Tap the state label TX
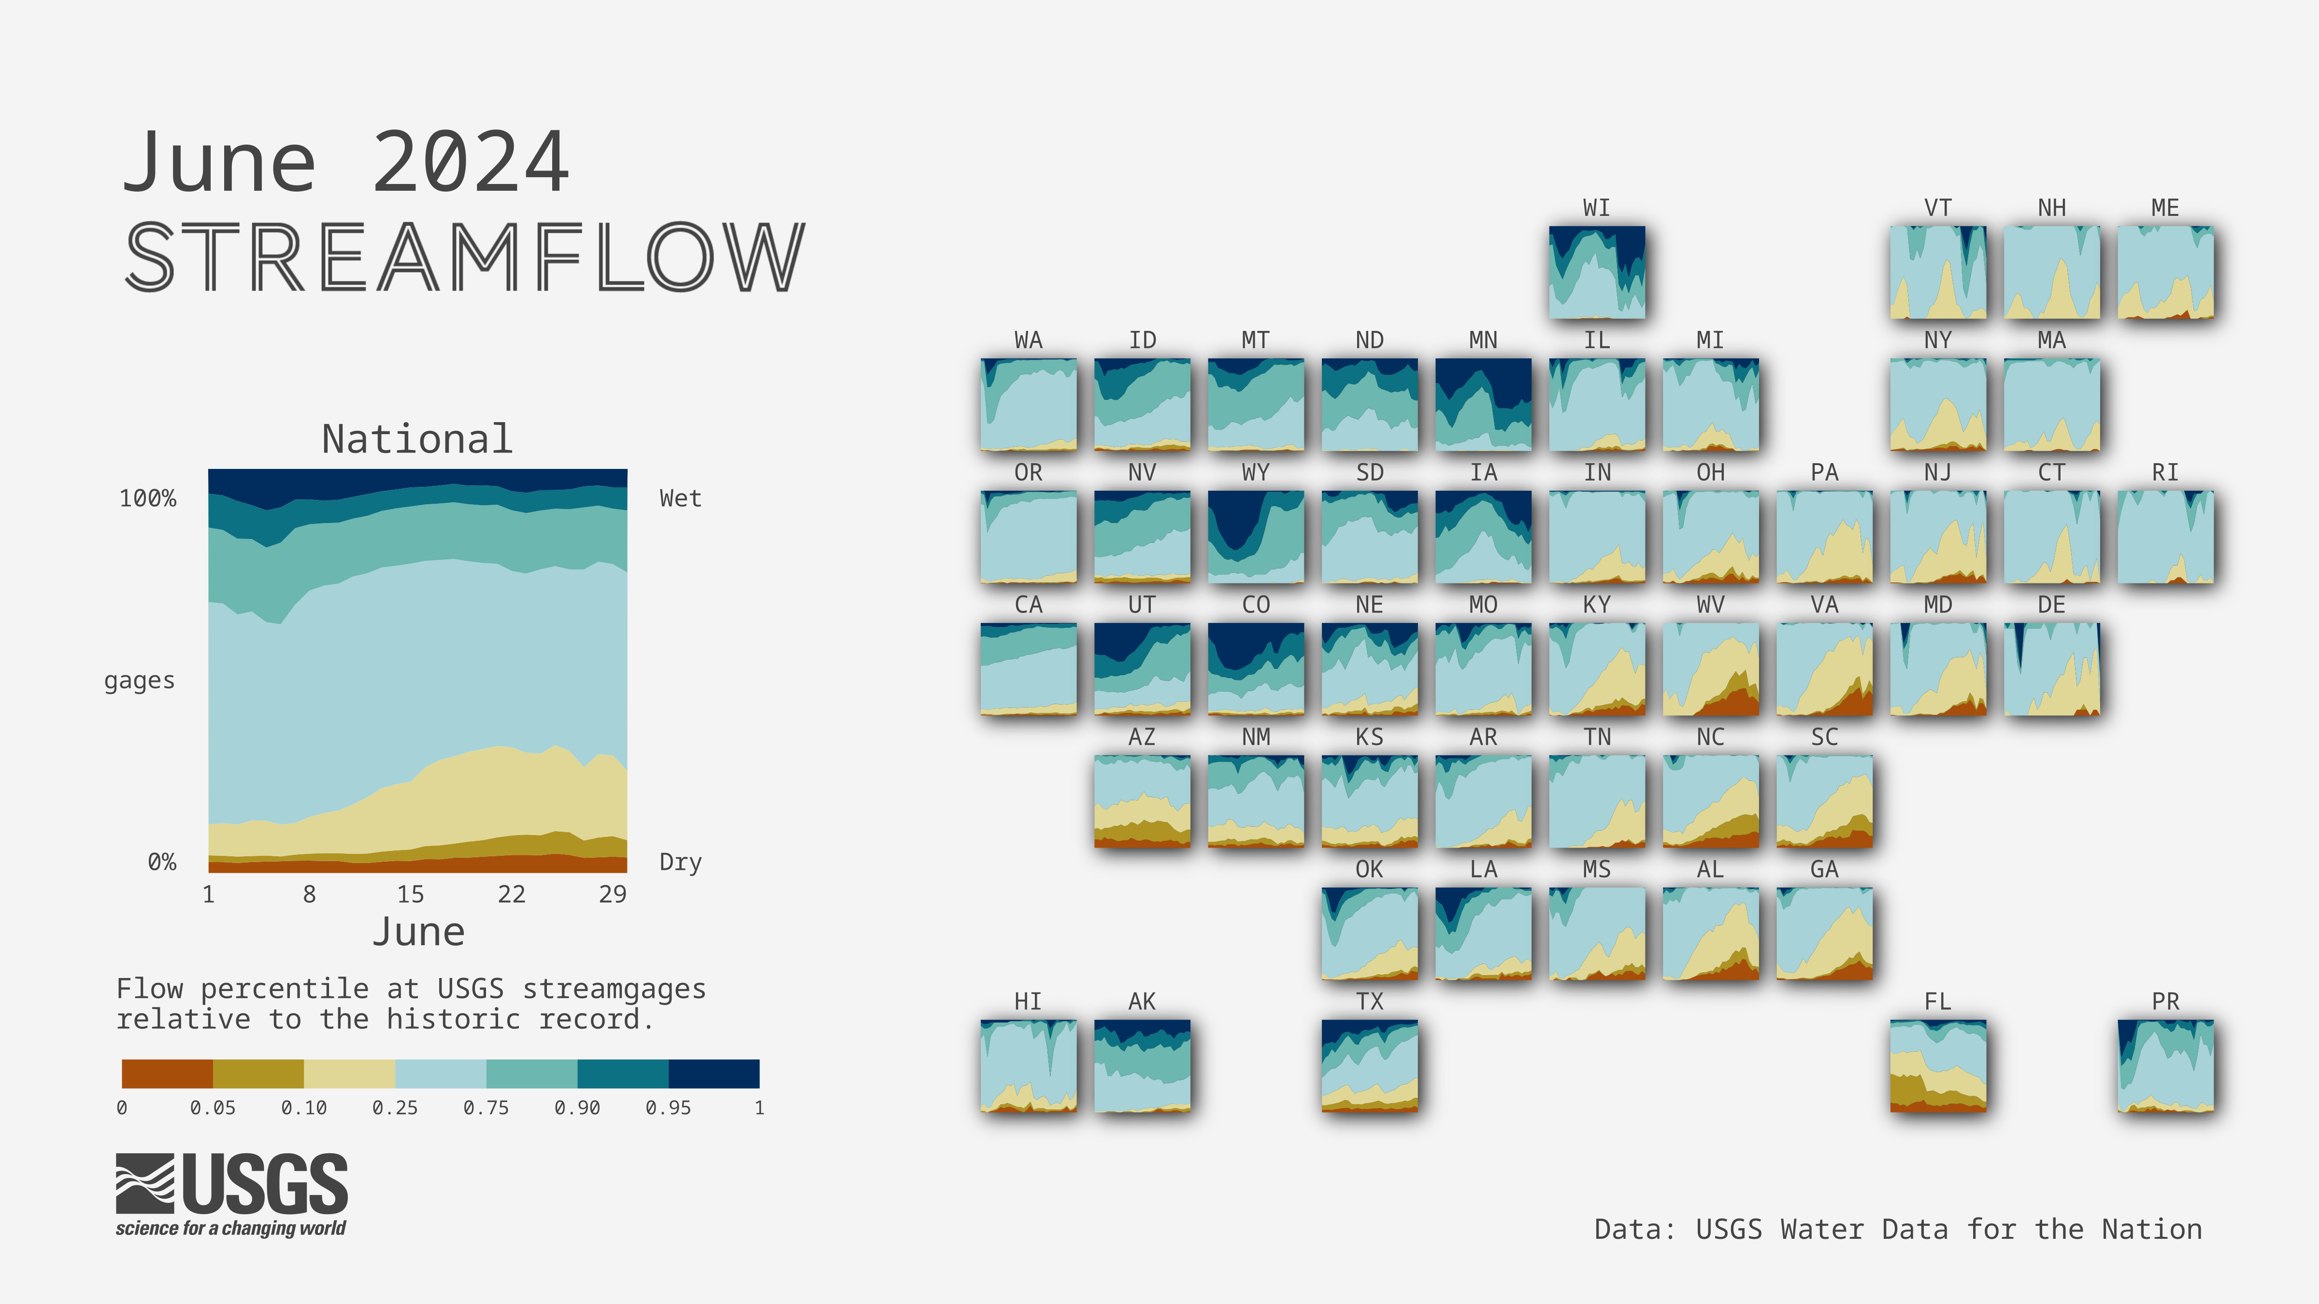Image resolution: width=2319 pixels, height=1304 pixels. [x=1369, y=1002]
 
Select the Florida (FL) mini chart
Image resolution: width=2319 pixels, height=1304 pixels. [x=1938, y=1065]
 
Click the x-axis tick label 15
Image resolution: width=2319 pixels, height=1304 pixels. [x=411, y=893]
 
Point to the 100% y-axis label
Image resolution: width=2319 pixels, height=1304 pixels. [x=148, y=498]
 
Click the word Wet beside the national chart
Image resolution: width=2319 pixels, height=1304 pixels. [x=681, y=498]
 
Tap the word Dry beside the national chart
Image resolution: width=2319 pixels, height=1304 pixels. [x=681, y=862]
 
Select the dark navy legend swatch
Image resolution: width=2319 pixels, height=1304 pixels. [x=714, y=1074]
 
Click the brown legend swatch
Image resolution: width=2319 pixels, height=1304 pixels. [x=168, y=1074]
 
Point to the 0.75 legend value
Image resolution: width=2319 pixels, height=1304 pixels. [x=486, y=1108]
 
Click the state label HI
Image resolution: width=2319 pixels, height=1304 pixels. [x=1028, y=1002]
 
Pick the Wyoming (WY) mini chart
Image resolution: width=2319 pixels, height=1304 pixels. [x=1256, y=537]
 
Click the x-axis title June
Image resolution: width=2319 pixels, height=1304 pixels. [x=418, y=932]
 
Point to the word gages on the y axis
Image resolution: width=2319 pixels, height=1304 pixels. [x=140, y=681]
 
